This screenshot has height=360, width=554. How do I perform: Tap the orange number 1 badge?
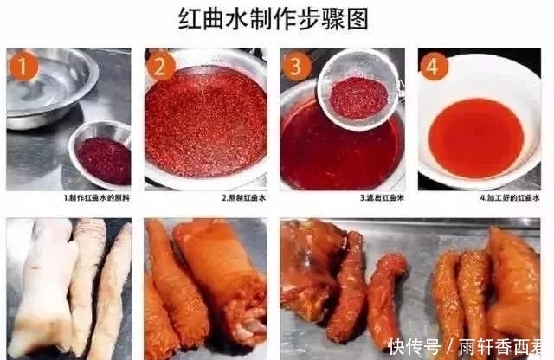tap(23, 66)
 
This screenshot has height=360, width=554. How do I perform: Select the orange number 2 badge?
tap(161, 66)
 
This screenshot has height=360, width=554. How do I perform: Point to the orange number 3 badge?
tap(297, 66)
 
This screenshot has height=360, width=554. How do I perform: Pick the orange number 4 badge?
tap(434, 66)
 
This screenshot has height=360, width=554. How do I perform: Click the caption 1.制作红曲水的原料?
tap(97, 197)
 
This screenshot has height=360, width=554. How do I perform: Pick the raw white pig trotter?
tap(39, 286)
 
